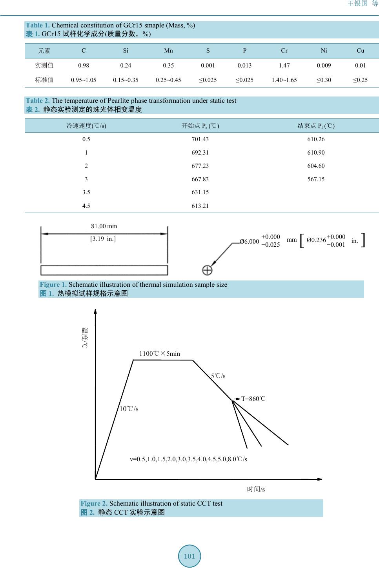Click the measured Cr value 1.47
[284, 66]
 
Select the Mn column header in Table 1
[168, 51]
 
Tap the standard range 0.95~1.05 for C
[84, 80]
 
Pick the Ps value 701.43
[200, 139]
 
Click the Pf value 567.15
[316, 179]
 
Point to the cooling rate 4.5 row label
[86, 206]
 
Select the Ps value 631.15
[200, 193]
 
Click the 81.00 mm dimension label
[104, 226]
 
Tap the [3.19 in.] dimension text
[103, 239]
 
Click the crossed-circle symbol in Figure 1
[207, 270]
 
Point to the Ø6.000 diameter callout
[250, 242]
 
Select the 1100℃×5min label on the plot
[160, 354]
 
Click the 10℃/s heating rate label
[129, 409]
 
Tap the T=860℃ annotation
[253, 399]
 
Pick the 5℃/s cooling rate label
[218, 376]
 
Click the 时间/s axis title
[256, 489]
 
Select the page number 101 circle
[189, 556]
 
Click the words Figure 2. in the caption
[94, 503]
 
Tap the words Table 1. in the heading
[38, 25]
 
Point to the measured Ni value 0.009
[324, 66]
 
